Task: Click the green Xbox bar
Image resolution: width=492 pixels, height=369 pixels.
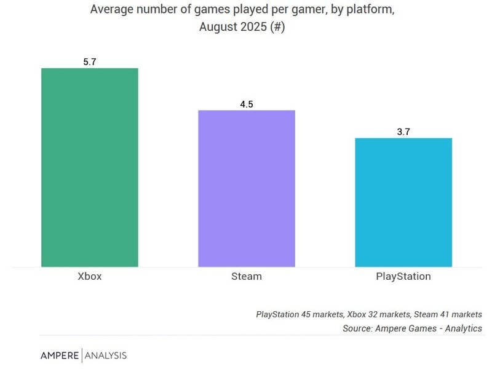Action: [90, 167]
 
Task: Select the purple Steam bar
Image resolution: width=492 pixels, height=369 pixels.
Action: [247, 188]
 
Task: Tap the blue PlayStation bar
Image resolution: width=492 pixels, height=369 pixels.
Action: [403, 202]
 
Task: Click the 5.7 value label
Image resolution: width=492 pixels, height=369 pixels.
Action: [90, 62]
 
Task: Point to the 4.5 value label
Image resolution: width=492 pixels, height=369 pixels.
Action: [247, 105]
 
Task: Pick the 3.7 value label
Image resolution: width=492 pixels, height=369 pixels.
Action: [403, 132]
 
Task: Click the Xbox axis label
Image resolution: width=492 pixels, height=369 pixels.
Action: [90, 276]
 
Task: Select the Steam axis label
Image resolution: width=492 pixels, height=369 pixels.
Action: [247, 276]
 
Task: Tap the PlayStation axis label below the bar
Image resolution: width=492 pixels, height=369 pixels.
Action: [403, 276]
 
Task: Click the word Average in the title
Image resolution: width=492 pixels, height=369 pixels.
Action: [111, 10]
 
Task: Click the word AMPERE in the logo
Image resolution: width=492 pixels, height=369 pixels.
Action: [60, 355]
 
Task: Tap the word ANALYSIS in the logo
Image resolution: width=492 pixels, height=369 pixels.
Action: [106, 355]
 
